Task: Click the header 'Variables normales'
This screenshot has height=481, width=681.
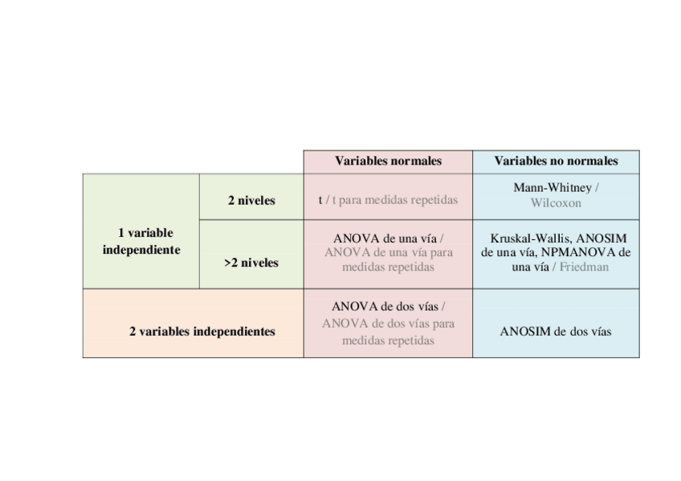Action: click(x=388, y=161)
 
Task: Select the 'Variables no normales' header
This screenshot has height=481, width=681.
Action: click(x=556, y=161)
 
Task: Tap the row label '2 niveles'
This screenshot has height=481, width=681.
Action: click(x=251, y=201)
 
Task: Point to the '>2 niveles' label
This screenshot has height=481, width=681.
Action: click(x=251, y=263)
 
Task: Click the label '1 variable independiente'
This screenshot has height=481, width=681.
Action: click(x=141, y=241)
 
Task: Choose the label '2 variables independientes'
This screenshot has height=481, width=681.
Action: click(x=202, y=331)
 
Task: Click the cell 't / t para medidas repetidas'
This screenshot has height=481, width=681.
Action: click(x=388, y=200)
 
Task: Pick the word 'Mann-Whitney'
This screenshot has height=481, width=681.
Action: click(x=552, y=188)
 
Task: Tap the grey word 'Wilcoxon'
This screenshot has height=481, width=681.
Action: click(x=556, y=203)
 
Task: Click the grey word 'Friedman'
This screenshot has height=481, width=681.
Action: click(x=584, y=267)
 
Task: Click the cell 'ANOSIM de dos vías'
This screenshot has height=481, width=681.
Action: click(x=556, y=331)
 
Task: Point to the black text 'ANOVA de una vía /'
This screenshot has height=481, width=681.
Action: click(x=388, y=238)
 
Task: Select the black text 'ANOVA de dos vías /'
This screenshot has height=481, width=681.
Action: click(x=388, y=307)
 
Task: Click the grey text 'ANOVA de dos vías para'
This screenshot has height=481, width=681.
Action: click(x=388, y=324)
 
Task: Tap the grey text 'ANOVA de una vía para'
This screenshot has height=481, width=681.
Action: click(x=388, y=252)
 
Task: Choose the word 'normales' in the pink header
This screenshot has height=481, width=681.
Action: click(x=415, y=161)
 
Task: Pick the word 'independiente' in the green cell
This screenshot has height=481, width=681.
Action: click(x=141, y=250)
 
